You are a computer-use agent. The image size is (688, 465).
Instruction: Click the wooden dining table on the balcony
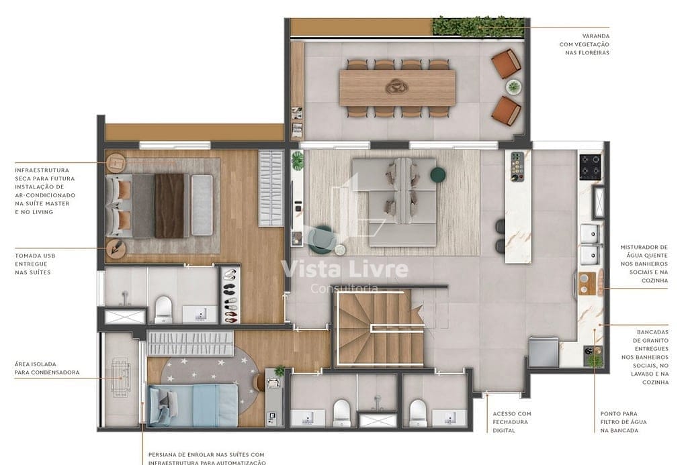[x=397, y=88]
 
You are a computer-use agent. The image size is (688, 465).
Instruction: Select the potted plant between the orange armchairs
[x=513, y=87]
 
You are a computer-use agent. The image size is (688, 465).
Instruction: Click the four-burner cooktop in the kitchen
[x=591, y=165]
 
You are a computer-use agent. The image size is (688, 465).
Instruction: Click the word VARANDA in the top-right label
[x=596, y=36]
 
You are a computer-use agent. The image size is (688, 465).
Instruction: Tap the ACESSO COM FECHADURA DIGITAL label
[x=511, y=422]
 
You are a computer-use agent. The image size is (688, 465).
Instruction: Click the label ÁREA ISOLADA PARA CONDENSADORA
[x=46, y=368]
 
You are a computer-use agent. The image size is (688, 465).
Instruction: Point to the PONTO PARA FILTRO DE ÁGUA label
[x=619, y=422]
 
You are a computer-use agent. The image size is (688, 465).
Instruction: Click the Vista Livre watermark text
[x=344, y=269]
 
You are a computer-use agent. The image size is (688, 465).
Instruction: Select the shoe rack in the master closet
[x=230, y=295]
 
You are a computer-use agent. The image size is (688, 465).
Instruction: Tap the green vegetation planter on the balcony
[x=478, y=27]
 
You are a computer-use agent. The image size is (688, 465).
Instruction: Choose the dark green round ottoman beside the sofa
[x=438, y=174]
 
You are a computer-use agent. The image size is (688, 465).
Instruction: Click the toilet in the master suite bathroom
[x=164, y=309]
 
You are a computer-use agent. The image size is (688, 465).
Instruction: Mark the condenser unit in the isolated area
[x=122, y=377]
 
